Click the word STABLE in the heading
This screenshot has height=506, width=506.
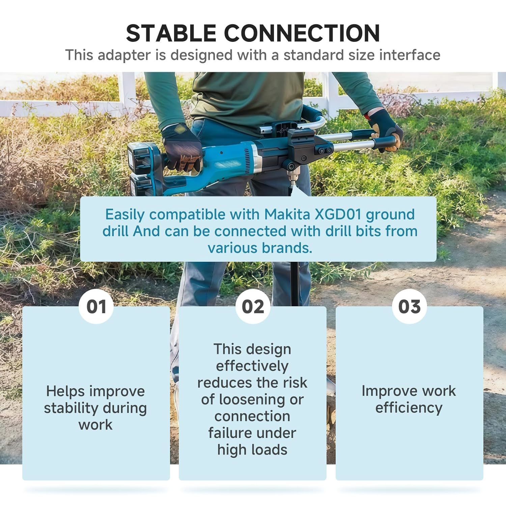click(x=171, y=33)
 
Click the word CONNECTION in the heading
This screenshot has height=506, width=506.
click(x=302, y=33)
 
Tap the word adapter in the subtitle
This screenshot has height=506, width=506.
click(x=124, y=55)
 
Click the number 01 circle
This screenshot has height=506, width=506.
click(x=96, y=307)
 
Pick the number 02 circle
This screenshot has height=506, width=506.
click(x=253, y=307)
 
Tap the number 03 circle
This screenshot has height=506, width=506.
click(x=410, y=307)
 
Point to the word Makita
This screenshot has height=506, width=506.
click(x=287, y=214)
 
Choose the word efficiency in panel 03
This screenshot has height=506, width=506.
click(x=409, y=408)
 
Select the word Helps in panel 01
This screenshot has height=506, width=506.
click(x=66, y=391)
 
